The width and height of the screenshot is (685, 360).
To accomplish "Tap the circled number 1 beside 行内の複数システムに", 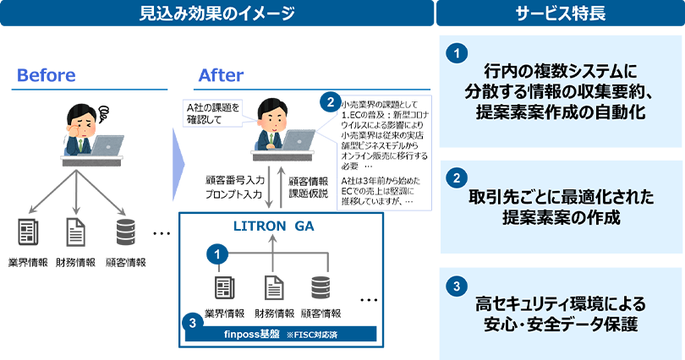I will click(x=456, y=52).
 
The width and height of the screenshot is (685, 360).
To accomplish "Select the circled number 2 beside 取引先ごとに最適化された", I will click(x=456, y=178).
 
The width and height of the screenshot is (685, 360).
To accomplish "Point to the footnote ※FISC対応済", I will click(x=311, y=337).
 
